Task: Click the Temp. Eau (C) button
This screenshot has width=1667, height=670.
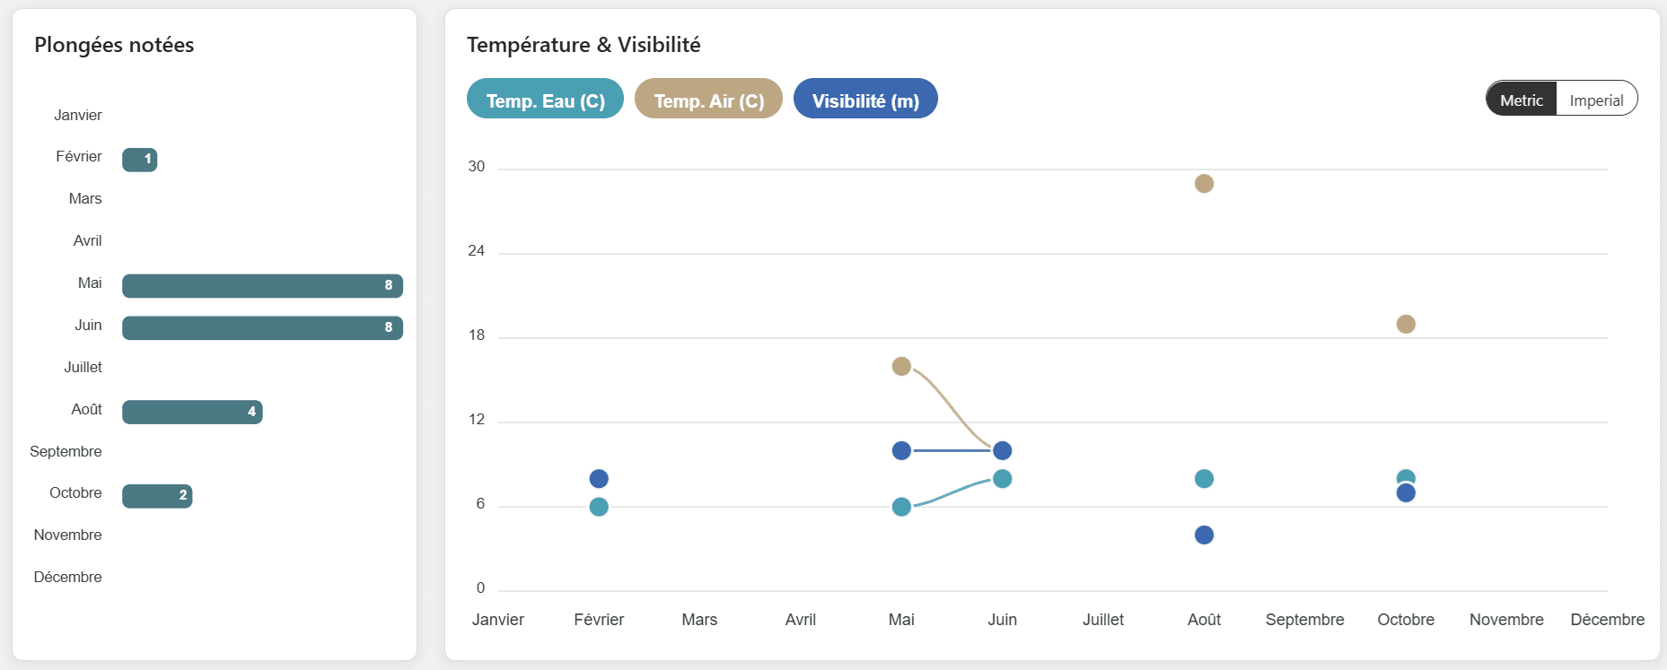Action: coord(545,100)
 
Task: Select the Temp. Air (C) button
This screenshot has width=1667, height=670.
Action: coord(708,100)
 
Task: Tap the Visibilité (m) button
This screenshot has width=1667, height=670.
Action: coord(865,100)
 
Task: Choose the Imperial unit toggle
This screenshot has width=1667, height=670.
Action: coord(1596,100)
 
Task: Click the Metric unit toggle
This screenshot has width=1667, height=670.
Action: coord(1522,100)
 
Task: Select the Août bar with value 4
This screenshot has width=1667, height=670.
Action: coord(192,412)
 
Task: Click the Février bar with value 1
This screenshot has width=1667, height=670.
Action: coord(140,160)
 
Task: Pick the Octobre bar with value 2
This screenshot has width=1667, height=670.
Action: coord(157,496)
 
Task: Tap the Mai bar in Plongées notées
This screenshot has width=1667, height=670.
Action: coord(262,286)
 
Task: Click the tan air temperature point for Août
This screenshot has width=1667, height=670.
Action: coord(1204,184)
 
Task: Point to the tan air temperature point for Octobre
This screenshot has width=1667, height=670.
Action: coord(1406,324)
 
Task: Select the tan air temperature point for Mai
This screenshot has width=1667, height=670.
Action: coord(901,366)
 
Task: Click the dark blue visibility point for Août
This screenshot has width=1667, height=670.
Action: coord(1204,535)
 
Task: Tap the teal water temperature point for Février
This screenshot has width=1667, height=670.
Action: coord(599,507)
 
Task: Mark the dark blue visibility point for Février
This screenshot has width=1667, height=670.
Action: coord(599,479)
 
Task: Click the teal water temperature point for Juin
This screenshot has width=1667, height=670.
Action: coord(1003,479)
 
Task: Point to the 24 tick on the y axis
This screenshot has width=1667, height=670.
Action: coord(476,251)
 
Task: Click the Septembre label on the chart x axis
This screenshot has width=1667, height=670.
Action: coord(1304,620)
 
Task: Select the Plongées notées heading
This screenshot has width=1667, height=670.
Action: coord(114,45)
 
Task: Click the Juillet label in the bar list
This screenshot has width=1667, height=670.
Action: coord(83,367)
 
